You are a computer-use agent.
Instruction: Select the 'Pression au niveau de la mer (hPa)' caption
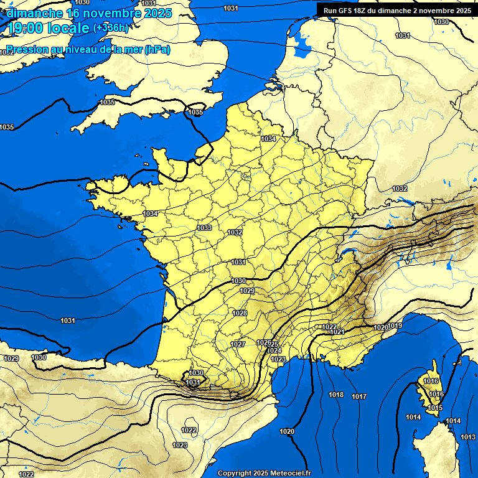(x=88, y=50)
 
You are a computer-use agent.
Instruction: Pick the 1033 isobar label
(x=204, y=228)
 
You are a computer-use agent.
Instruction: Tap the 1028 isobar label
(x=239, y=313)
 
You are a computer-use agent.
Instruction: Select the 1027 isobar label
(x=238, y=344)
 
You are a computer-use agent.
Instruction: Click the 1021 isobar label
(x=337, y=332)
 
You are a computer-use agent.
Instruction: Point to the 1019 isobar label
(x=395, y=326)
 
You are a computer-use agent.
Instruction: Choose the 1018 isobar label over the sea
(x=336, y=395)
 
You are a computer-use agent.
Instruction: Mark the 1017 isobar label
(x=359, y=396)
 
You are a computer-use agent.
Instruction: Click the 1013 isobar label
(x=468, y=438)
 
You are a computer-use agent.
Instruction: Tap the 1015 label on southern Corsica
(x=435, y=408)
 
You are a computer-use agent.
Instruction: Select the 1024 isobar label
(x=274, y=351)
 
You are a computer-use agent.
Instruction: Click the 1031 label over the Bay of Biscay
(x=68, y=321)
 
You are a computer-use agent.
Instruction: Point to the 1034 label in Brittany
(x=150, y=213)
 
